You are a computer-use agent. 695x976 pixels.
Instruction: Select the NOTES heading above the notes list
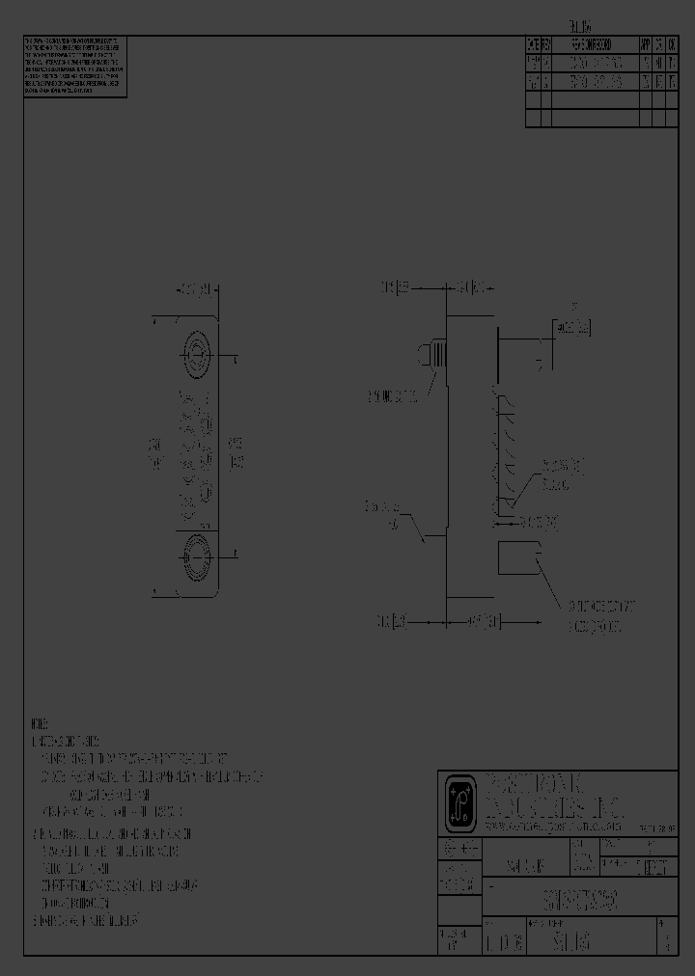click(x=39, y=724)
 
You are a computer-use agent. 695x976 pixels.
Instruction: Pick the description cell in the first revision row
click(x=594, y=63)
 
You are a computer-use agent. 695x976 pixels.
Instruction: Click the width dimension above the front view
click(x=198, y=288)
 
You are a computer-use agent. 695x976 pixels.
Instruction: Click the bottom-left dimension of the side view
click(x=393, y=623)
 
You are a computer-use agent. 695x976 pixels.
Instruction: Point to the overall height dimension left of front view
click(x=153, y=454)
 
